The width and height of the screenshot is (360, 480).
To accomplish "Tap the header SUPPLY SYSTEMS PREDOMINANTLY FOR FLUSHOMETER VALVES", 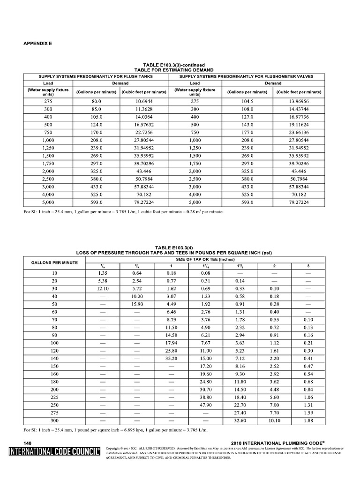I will pyautogui.click(x=246, y=76).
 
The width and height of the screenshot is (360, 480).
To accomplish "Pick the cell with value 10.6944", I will pyautogui.click(x=144, y=101).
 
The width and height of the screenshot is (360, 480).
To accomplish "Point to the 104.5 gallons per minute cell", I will pyautogui.click(x=247, y=101).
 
